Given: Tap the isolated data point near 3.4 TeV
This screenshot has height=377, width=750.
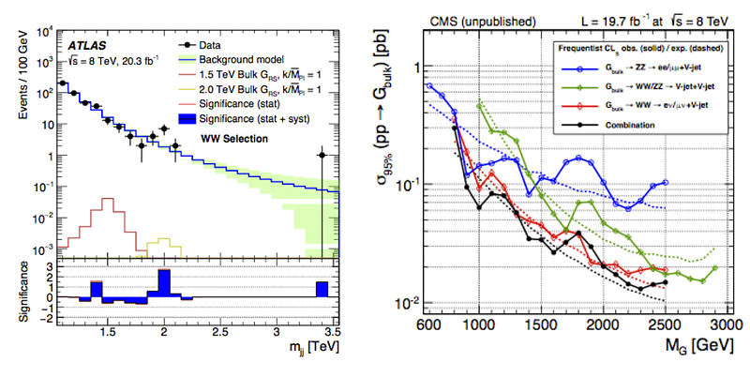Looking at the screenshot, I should pyautogui.click(x=322, y=155).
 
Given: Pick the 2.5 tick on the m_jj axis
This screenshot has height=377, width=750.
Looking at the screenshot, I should pyautogui.click(x=220, y=331).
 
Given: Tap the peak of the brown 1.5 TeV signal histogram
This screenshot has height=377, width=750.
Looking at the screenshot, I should pyautogui.click(x=108, y=199).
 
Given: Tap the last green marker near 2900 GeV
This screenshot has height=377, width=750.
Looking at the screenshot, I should pyautogui.click(x=715, y=268).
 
